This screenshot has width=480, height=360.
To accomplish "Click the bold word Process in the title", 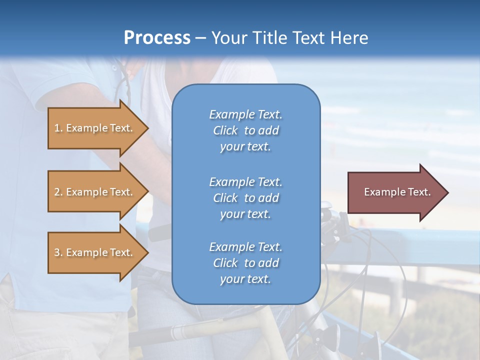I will (x=157, y=38).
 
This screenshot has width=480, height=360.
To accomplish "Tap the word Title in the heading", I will (x=268, y=38).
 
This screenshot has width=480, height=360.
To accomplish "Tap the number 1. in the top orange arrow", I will (x=58, y=128).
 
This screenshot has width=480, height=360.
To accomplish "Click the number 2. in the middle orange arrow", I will (x=58, y=192).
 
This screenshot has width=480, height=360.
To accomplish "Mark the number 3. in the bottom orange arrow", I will (x=58, y=252).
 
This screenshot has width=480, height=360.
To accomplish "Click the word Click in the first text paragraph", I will (x=225, y=130).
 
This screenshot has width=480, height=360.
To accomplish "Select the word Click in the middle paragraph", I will (x=225, y=198).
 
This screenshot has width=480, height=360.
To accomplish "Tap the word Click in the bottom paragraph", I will (x=225, y=263).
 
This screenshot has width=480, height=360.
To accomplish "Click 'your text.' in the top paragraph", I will (x=245, y=146).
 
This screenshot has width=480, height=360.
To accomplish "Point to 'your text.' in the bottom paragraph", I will (x=245, y=279).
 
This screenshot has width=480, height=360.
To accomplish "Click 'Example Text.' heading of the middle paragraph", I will (x=245, y=182).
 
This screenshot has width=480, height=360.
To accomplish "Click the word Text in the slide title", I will (x=311, y=38).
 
